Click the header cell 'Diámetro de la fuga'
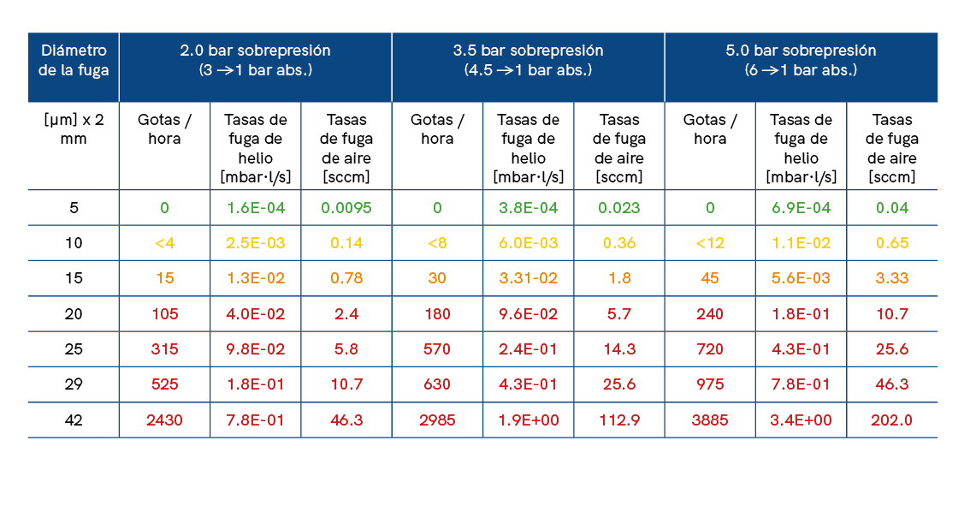tap(74, 60)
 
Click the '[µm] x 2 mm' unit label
tap(74, 128)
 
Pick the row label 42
tap(74, 420)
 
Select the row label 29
tap(74, 384)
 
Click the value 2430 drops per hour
tap(164, 420)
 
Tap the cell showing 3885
tap(710, 420)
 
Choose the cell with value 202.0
tap(891, 420)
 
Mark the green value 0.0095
tap(346, 207)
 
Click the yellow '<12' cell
tap(710, 243)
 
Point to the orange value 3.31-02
tap(528, 278)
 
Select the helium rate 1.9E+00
tap(528, 420)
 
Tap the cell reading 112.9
tap(618, 420)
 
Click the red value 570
tap(437, 349)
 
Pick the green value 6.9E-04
tap(801, 207)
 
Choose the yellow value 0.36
tap(618, 243)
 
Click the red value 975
tap(710, 384)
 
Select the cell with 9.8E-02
tap(255, 349)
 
